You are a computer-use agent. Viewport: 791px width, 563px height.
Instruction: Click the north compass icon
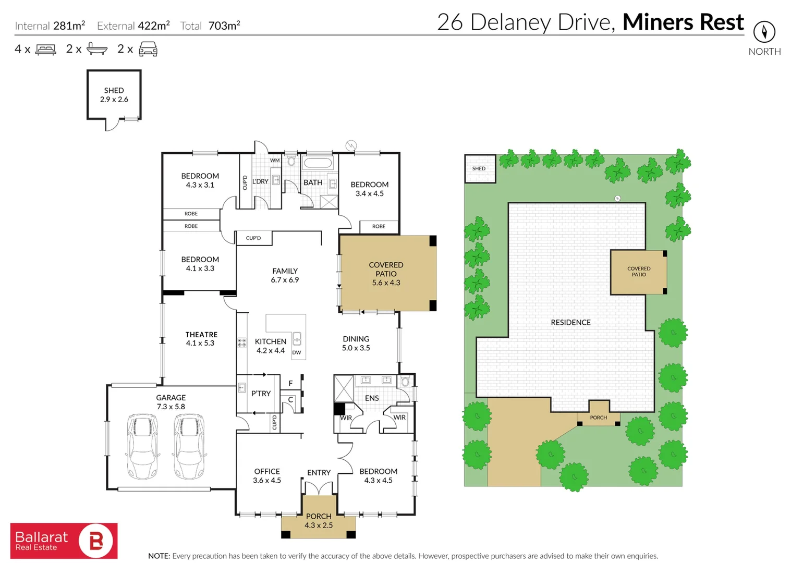coord(764,32)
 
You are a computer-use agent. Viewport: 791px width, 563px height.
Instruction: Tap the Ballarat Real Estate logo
coord(64,541)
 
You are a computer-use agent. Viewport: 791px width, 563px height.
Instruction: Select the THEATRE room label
coord(201,334)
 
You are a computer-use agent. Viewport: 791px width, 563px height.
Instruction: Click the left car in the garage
coord(142,447)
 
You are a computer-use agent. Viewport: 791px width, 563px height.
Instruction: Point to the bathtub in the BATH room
coord(318,164)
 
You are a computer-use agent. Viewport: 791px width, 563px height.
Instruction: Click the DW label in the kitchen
coord(297,352)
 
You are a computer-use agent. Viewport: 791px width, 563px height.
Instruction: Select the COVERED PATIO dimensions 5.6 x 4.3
coord(386,283)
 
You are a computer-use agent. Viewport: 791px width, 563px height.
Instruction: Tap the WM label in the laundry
coord(275,160)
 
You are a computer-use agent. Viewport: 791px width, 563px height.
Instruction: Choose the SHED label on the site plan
coord(479,168)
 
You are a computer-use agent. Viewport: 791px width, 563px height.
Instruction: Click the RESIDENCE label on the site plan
coord(570,322)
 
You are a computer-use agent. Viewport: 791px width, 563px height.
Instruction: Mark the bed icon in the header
coord(45,50)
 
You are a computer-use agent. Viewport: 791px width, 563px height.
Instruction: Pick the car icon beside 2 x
coord(148,49)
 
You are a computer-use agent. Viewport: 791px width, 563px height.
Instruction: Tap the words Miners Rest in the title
coord(683,22)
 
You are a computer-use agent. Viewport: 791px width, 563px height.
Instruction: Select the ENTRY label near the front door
coord(319,473)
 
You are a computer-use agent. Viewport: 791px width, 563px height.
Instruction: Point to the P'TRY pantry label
coord(261,393)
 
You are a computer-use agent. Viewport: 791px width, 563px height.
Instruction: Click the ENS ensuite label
coord(372,398)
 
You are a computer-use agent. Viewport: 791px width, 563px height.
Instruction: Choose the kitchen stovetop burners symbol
coord(242,342)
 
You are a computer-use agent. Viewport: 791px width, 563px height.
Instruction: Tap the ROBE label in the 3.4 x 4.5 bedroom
coord(379,226)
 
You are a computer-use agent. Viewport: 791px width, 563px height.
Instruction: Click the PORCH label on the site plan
coord(599,418)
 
